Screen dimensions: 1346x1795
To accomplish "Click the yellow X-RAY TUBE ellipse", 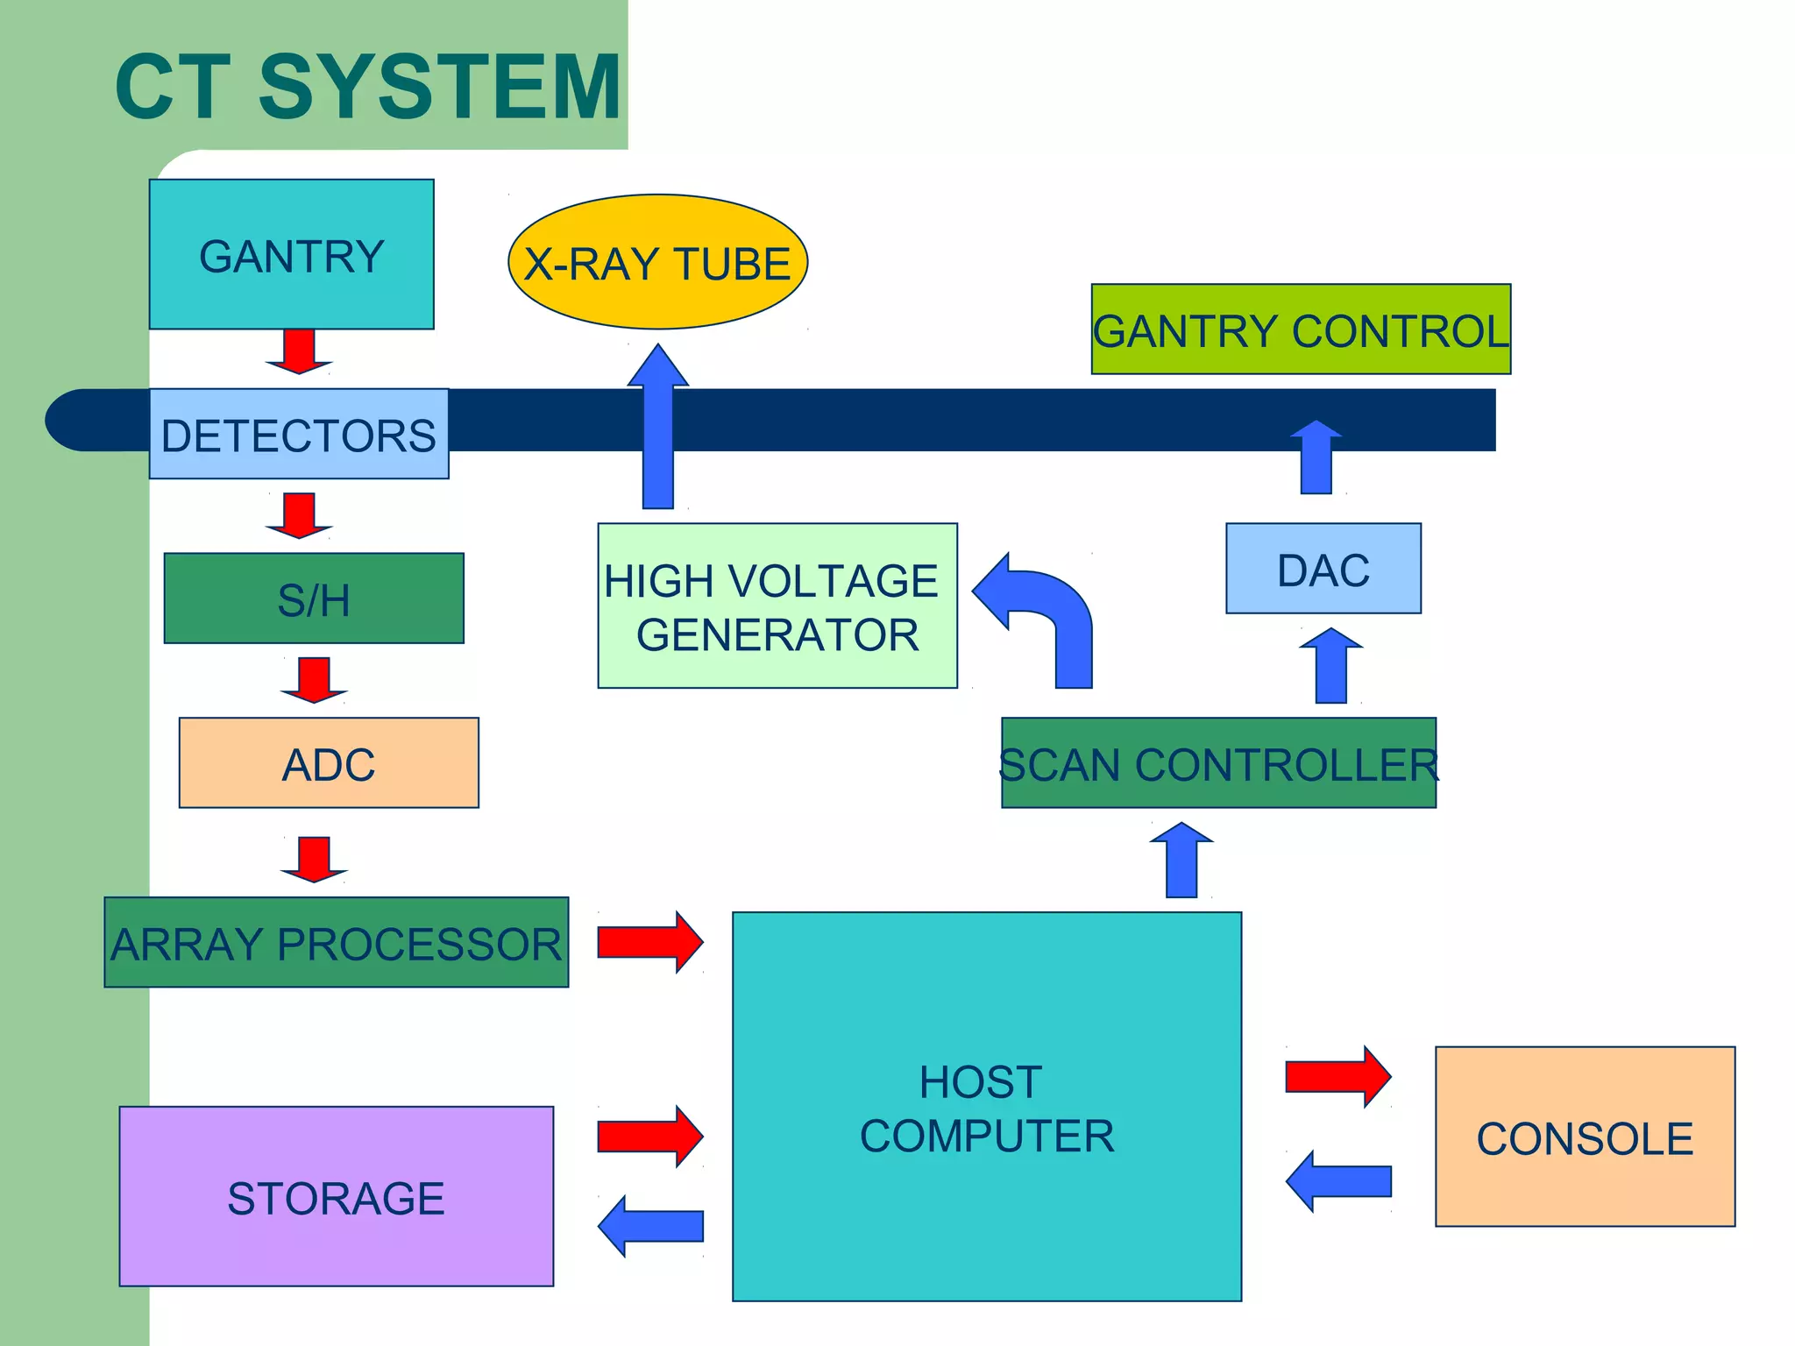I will (657, 262).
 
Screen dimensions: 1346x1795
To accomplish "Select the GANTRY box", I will (291, 254).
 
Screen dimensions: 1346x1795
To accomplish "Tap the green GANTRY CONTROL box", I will (1301, 329).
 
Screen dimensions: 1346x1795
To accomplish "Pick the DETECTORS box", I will (299, 434).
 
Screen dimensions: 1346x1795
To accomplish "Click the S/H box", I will (314, 599).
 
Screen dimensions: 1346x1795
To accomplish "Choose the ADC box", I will (329, 763).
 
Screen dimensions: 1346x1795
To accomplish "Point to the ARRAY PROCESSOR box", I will (337, 943).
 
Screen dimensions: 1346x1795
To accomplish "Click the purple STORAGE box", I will (337, 1197).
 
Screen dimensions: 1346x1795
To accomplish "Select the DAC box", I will (1323, 569).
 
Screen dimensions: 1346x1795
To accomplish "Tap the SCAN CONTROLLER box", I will (1218, 763).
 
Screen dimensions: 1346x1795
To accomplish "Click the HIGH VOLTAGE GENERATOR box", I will (777, 606).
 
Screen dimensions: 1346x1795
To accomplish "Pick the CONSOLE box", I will (1585, 1137).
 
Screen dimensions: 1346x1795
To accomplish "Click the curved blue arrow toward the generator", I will (1047, 613).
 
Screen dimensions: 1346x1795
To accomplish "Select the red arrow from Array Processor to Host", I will (649, 942).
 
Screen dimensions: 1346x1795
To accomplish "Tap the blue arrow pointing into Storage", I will (649, 1226).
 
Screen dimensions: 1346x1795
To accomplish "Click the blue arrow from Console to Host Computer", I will (1338, 1181).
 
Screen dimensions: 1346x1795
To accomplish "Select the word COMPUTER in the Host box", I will (987, 1137).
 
